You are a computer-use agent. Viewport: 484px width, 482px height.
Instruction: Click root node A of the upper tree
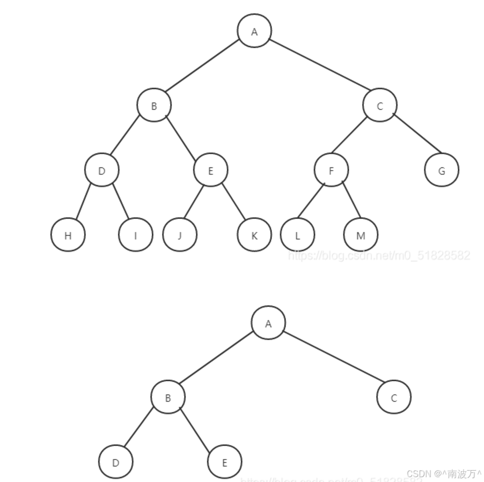point(254,31)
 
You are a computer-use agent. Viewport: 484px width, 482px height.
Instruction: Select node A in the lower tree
point(268,323)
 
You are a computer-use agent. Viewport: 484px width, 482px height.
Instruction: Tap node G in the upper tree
point(442,170)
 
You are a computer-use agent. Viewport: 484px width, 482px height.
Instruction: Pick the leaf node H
point(68,235)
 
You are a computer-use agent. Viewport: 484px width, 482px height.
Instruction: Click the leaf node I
point(135,235)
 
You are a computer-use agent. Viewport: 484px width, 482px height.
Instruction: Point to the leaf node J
point(180,235)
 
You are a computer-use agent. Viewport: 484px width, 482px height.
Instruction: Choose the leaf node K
point(254,235)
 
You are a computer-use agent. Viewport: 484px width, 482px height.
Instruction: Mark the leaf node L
point(297,235)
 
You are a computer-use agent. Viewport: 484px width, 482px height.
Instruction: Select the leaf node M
point(361,235)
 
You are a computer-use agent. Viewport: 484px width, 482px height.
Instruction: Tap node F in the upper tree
point(331,170)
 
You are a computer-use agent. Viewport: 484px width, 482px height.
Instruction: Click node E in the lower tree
point(224,462)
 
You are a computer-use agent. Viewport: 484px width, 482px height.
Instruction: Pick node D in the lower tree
point(115,462)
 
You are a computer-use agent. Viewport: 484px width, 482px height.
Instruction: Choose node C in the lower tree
point(394,398)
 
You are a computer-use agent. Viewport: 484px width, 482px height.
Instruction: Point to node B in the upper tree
point(154,105)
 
